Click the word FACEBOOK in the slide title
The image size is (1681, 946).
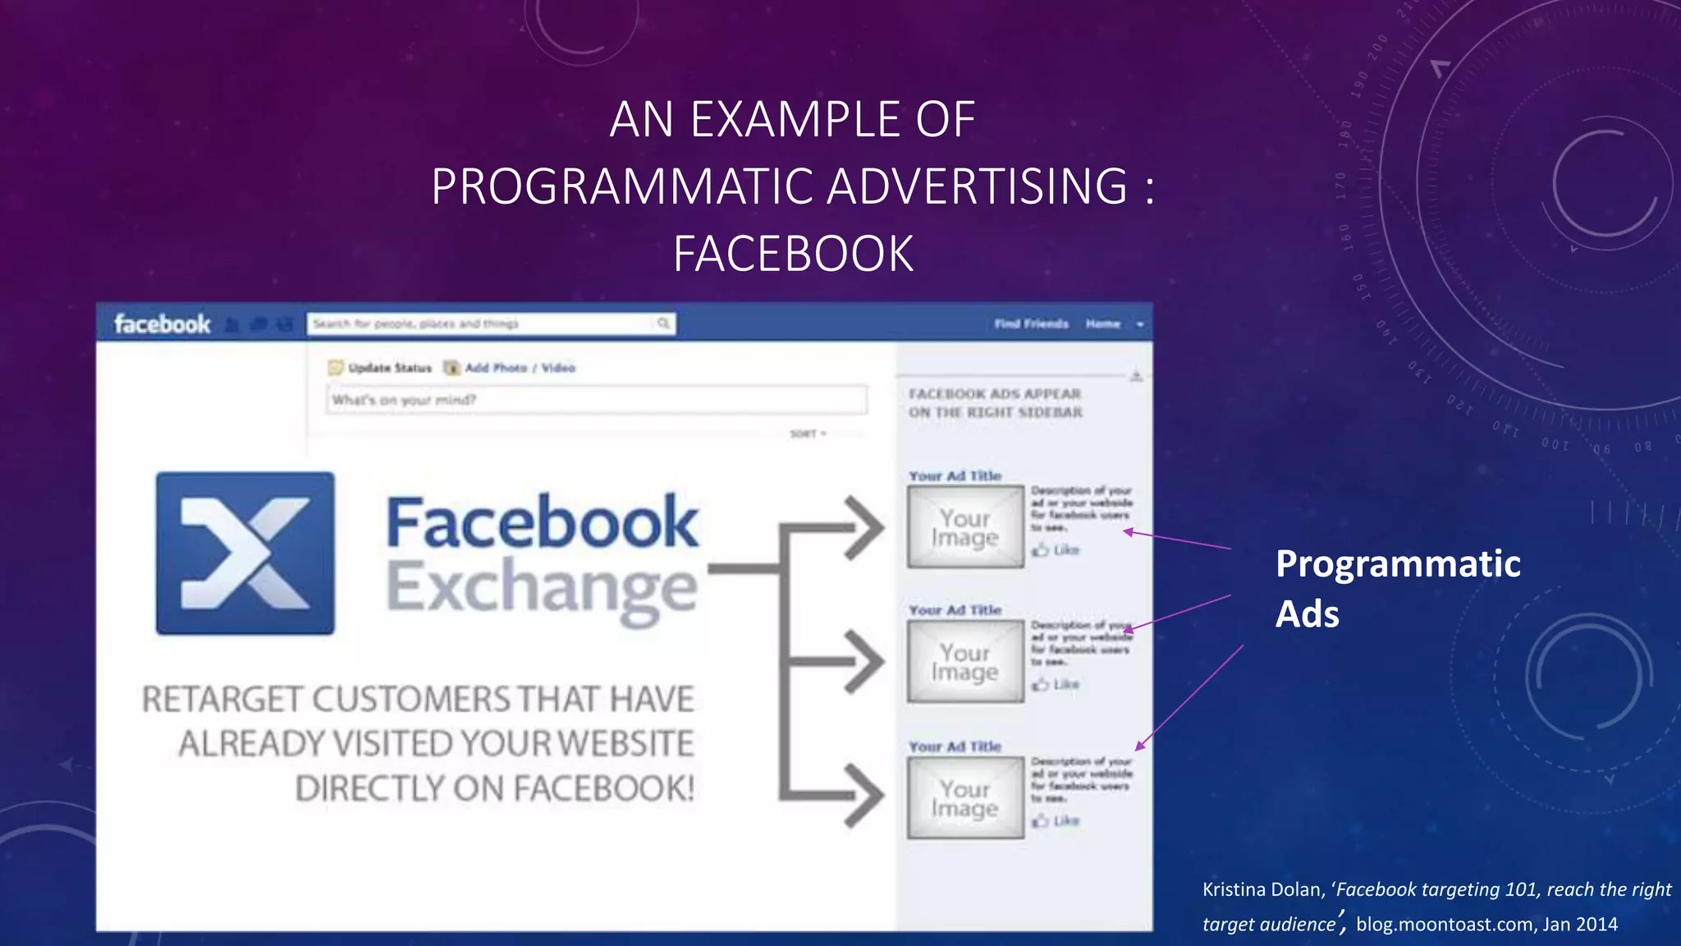(x=793, y=254)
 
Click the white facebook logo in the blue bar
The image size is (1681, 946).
(x=163, y=324)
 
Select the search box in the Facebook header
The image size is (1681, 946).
(x=491, y=324)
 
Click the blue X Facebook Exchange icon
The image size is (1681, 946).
(x=245, y=553)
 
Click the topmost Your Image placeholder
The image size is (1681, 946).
(x=965, y=527)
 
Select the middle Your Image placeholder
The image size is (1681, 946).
(x=965, y=662)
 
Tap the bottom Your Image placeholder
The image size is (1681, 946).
(x=965, y=798)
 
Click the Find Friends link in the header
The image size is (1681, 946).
(x=1032, y=324)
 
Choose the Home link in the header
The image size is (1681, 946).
(x=1102, y=324)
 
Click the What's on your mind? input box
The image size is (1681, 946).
(x=596, y=400)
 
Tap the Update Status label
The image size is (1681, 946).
(x=389, y=368)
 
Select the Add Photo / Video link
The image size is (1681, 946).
(x=520, y=368)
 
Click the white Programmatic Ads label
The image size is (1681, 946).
(x=1397, y=588)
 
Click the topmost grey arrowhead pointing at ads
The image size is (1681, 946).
(x=865, y=527)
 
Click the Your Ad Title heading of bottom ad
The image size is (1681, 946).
(x=955, y=746)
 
